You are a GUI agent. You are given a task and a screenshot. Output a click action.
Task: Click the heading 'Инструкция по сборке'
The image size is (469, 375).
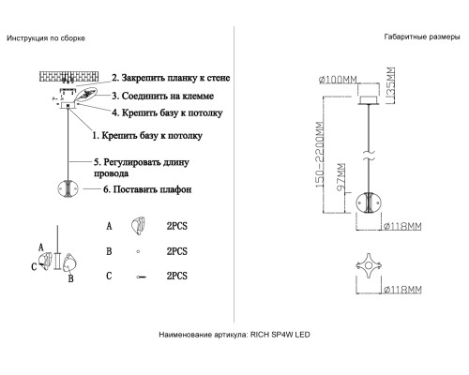pyautogui.click(x=46, y=38)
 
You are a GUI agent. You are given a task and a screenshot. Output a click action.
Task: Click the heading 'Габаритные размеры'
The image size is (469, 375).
pyautogui.click(x=422, y=37)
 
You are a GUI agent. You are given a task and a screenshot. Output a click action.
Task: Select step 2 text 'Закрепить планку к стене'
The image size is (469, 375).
pyautogui.click(x=171, y=78)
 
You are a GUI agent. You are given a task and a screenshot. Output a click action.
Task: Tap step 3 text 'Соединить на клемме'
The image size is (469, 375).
pyautogui.click(x=163, y=96)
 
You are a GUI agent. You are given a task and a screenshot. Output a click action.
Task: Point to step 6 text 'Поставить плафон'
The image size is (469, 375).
pyautogui.click(x=147, y=189)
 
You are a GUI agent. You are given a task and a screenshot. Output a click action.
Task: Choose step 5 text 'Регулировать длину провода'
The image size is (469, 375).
pyautogui.click(x=142, y=168)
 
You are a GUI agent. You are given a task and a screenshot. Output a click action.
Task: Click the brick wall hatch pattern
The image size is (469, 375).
pyautogui.click(x=69, y=76)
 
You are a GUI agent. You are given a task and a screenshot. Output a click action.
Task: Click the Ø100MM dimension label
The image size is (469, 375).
pyautogui.click(x=338, y=80)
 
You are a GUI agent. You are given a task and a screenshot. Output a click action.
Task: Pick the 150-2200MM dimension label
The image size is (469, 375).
pyautogui.click(x=320, y=155)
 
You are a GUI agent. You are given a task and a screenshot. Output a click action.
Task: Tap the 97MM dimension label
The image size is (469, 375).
pyautogui.click(x=340, y=177)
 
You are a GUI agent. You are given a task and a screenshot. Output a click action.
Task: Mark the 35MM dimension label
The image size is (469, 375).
pyautogui.click(x=390, y=82)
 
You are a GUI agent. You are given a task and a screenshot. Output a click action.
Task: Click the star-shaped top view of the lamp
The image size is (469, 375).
pyautogui.click(x=369, y=266)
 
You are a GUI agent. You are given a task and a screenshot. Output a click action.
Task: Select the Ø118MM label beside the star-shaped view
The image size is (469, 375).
pyautogui.click(x=402, y=290)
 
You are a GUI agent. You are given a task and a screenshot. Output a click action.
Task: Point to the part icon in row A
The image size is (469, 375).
pyautogui.click(x=138, y=226)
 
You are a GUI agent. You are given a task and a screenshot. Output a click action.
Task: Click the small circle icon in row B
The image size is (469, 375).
pyautogui.click(x=138, y=251)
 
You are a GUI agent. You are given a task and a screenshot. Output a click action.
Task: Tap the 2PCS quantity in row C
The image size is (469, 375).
pyautogui.click(x=177, y=276)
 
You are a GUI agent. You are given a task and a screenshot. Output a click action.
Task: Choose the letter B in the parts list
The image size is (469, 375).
pyautogui.click(x=109, y=251)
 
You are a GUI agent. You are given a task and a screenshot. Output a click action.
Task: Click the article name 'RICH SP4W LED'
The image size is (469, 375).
pyautogui.click(x=280, y=335)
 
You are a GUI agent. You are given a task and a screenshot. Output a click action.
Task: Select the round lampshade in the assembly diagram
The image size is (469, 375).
pyautogui.click(x=68, y=189)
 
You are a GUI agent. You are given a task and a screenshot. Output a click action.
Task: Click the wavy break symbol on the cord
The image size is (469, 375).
pyautogui.click(x=370, y=156)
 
